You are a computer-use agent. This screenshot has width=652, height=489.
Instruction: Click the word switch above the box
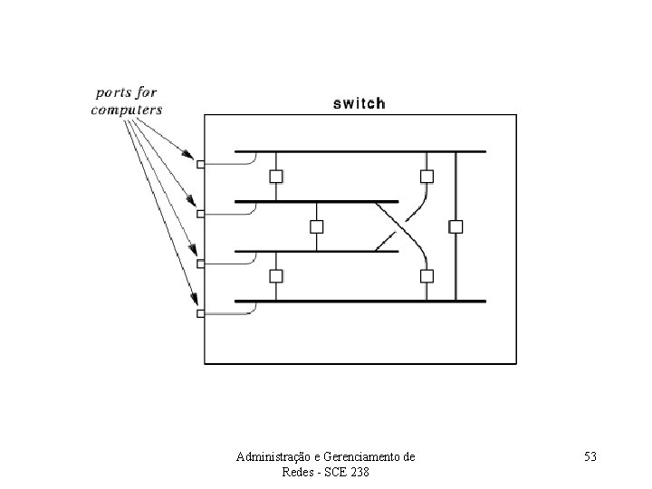[x=360, y=103]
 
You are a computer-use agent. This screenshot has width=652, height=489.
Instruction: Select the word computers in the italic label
[x=127, y=110]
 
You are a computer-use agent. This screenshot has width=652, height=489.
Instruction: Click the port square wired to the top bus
[x=200, y=165]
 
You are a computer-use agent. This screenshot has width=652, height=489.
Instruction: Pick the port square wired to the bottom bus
[x=200, y=313]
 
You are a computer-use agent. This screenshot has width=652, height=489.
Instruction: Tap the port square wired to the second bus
[x=200, y=214]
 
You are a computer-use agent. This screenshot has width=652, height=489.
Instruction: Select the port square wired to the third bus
[x=200, y=264]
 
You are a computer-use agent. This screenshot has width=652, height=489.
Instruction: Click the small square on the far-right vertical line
[x=455, y=225]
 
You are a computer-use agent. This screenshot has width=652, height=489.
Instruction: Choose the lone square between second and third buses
[x=317, y=225]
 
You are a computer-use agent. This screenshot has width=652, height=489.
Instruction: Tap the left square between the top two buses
[x=276, y=176]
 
